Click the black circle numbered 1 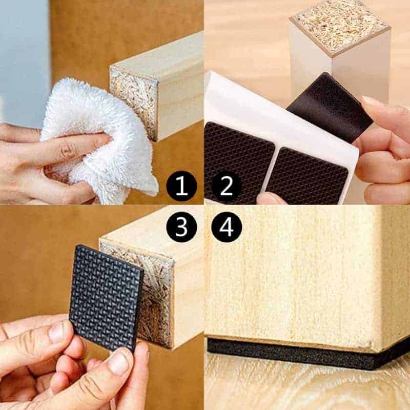pos(181,186)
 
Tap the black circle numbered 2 pos(226,186)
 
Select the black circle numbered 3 pos(181,227)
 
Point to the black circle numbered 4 pos(227,227)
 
